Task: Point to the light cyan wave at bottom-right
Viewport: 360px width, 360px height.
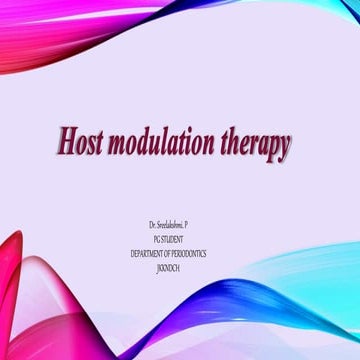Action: click(320, 280)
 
